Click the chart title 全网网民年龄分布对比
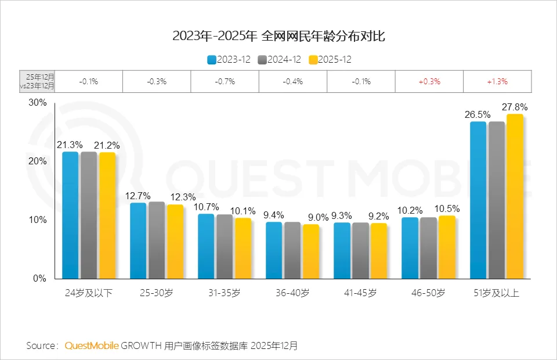point(278,36)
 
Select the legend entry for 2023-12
point(229,60)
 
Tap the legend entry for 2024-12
point(280,60)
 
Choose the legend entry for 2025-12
point(330,60)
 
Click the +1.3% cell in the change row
point(497,82)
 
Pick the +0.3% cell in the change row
point(429,82)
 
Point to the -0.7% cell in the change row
point(225,82)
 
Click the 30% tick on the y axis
point(38,103)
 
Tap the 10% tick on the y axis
point(38,220)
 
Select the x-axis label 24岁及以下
point(89,293)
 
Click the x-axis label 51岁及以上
point(497,293)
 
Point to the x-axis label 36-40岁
point(292,293)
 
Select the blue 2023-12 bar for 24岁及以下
point(70,215)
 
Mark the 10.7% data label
point(207,207)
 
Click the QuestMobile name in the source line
point(92,345)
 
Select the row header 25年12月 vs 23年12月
point(41,82)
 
